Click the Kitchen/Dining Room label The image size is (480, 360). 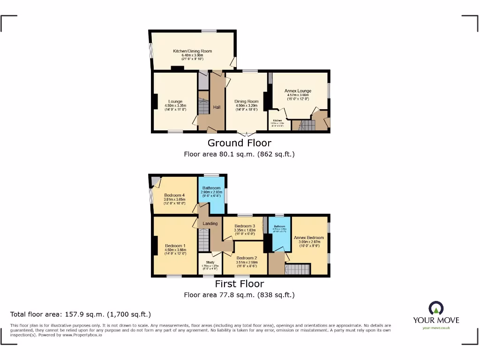point(192,51)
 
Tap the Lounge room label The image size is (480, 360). point(175,101)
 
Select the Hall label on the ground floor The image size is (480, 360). point(217,107)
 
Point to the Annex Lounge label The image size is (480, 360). point(298,91)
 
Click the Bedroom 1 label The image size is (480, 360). point(175,246)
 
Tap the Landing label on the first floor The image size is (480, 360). point(210,224)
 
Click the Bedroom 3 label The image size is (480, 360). point(245,226)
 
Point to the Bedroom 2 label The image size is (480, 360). point(247,258)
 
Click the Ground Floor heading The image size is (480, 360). point(239,143)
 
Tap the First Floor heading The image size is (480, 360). point(239,284)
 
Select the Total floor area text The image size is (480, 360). point(81,315)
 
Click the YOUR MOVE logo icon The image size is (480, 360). point(436,308)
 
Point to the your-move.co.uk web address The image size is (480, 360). point(436,328)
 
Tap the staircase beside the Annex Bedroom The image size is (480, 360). point(298,269)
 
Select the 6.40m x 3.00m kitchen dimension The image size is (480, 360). point(192,56)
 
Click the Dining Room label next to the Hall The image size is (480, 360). point(247,101)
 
